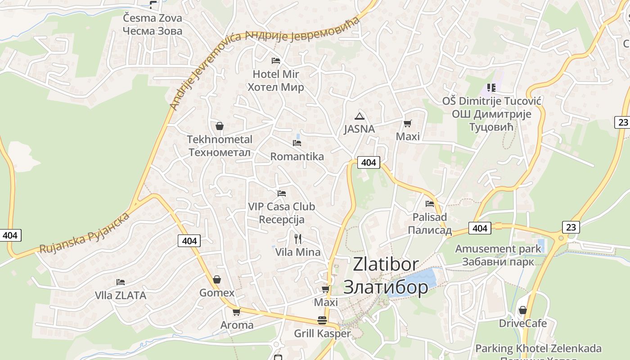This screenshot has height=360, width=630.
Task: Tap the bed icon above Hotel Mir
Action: (276, 61)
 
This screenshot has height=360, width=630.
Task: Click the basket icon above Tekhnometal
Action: (220, 126)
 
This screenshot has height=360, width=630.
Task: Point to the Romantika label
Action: (297, 157)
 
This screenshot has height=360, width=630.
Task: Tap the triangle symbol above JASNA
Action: (359, 116)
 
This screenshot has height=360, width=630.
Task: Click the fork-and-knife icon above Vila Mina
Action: (297, 239)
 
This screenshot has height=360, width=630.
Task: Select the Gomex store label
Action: (217, 293)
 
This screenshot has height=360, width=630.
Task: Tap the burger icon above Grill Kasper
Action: (322, 320)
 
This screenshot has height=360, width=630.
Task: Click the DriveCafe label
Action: (523, 323)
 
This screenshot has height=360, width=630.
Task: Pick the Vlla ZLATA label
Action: (121, 296)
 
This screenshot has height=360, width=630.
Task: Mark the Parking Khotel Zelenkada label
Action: (538, 348)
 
